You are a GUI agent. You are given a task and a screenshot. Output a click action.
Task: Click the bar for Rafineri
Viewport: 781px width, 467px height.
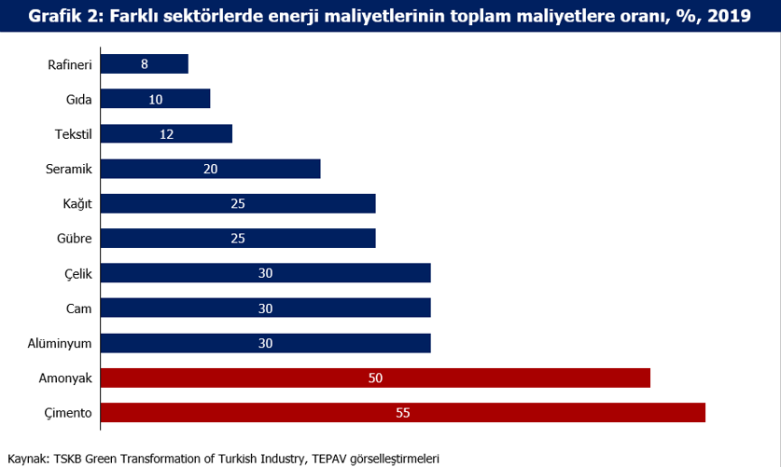(x=144, y=63)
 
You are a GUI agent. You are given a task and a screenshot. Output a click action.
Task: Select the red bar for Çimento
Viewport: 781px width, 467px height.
(x=402, y=413)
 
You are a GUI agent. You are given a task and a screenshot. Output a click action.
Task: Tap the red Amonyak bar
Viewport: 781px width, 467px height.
(x=374, y=378)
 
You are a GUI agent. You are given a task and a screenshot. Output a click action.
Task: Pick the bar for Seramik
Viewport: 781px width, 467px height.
(x=210, y=169)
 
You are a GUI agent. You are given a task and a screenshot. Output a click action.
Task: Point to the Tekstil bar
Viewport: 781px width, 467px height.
(x=165, y=133)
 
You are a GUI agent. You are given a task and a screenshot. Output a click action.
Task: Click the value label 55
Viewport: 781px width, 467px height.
(x=402, y=413)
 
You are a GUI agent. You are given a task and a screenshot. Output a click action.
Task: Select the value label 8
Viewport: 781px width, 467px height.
(x=144, y=63)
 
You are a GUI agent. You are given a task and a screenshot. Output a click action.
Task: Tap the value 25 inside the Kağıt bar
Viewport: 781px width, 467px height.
(x=237, y=203)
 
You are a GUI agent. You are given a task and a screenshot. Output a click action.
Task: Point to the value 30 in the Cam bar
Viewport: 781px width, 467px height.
(x=265, y=308)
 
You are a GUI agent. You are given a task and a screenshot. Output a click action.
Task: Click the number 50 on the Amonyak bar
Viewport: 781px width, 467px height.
(x=375, y=378)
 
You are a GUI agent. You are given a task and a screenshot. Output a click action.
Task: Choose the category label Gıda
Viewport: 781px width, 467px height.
(x=78, y=99)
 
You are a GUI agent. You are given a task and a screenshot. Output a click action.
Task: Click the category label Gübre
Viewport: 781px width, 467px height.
(x=74, y=239)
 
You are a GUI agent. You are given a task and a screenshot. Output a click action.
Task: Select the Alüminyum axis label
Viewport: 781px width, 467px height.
(x=60, y=343)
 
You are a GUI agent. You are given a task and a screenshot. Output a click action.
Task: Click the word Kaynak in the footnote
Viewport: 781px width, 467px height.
(x=27, y=458)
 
